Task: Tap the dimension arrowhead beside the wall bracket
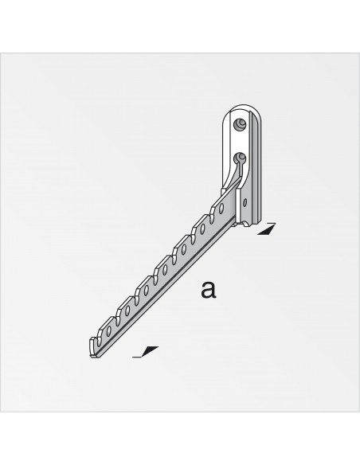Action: [x=268, y=229]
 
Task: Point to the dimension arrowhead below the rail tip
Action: [x=148, y=350]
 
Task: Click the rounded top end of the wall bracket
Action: [x=243, y=109]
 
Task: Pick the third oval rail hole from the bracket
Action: [x=185, y=250]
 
